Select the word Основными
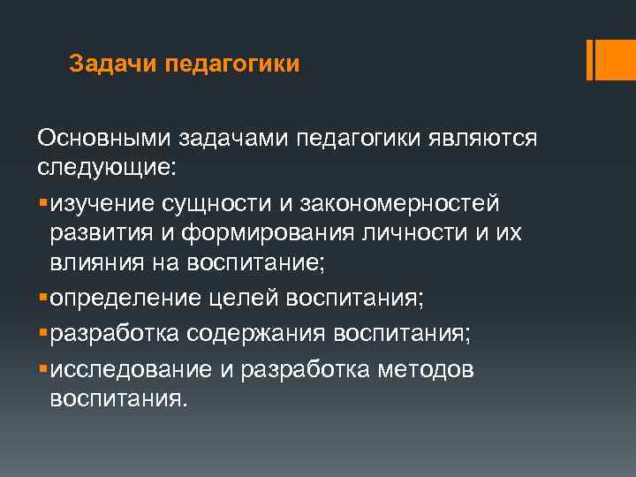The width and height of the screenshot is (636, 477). pyautogui.click(x=104, y=139)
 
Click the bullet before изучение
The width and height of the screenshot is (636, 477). pyautogui.click(x=42, y=205)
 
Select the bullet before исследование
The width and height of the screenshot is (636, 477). pyautogui.click(x=42, y=369)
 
